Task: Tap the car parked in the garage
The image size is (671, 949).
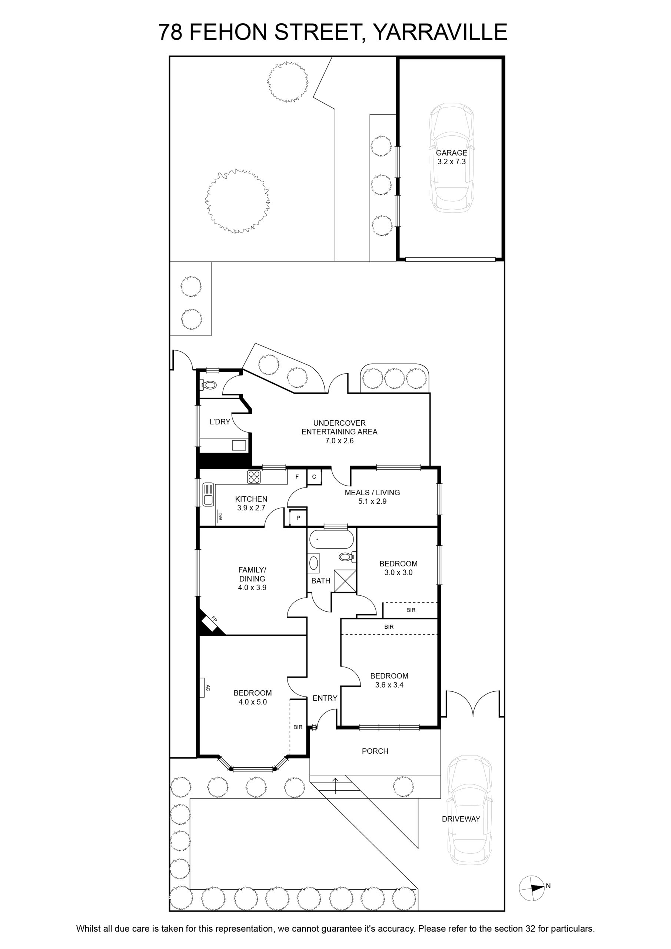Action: coord(451,158)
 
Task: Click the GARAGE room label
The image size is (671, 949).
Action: coord(452,153)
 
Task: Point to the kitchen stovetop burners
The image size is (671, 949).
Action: coord(254,477)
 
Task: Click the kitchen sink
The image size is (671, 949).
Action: coord(207,495)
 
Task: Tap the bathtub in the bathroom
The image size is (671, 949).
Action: coord(331,539)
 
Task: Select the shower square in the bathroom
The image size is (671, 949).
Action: coord(345,581)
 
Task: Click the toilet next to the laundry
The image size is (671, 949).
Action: coord(209,385)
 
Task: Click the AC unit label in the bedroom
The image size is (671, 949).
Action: coord(208,688)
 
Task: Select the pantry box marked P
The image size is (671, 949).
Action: coord(298,518)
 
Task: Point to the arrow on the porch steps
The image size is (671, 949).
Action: coord(335,786)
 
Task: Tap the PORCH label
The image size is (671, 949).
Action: coord(375,751)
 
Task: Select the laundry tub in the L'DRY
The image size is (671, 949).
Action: coord(239,445)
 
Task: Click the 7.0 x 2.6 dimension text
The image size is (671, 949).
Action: coord(340,441)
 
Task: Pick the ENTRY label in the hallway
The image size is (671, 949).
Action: coord(325,698)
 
